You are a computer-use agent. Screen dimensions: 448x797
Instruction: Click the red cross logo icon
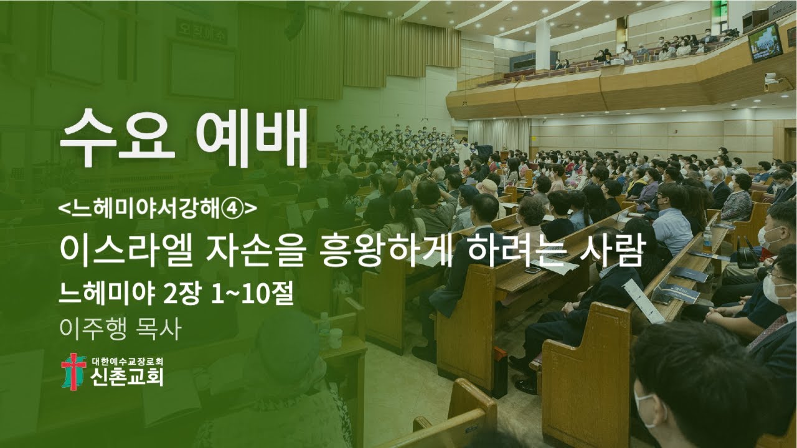pos(73,371)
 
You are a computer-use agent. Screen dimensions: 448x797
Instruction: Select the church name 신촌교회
pos(127,377)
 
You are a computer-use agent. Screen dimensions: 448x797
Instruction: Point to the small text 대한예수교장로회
pos(127,362)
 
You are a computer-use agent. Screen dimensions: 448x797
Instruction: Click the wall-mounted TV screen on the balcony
pos(765,42)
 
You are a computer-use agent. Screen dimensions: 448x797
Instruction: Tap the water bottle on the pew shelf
pos(707,240)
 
